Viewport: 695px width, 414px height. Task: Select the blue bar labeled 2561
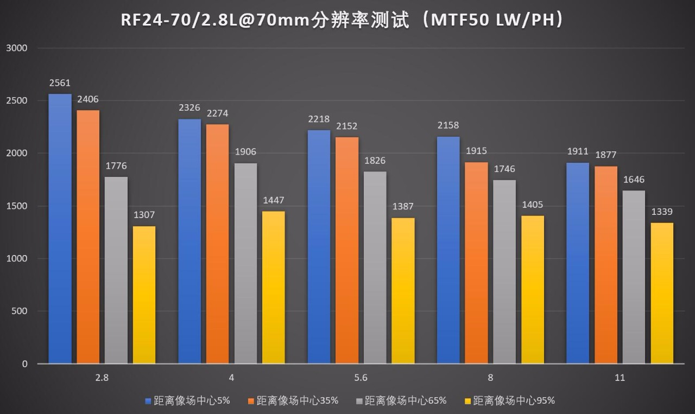(x=60, y=228)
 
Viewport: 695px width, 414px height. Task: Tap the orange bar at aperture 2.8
(x=88, y=237)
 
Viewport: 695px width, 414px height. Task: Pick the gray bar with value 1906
(x=245, y=263)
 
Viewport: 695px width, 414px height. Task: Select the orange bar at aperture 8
(x=476, y=263)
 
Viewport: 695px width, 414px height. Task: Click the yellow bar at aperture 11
(x=661, y=293)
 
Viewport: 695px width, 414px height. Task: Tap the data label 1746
(x=504, y=169)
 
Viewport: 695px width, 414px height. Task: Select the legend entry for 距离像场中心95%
(x=514, y=401)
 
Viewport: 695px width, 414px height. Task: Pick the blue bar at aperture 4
(x=189, y=241)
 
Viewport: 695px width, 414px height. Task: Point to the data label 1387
(x=403, y=207)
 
